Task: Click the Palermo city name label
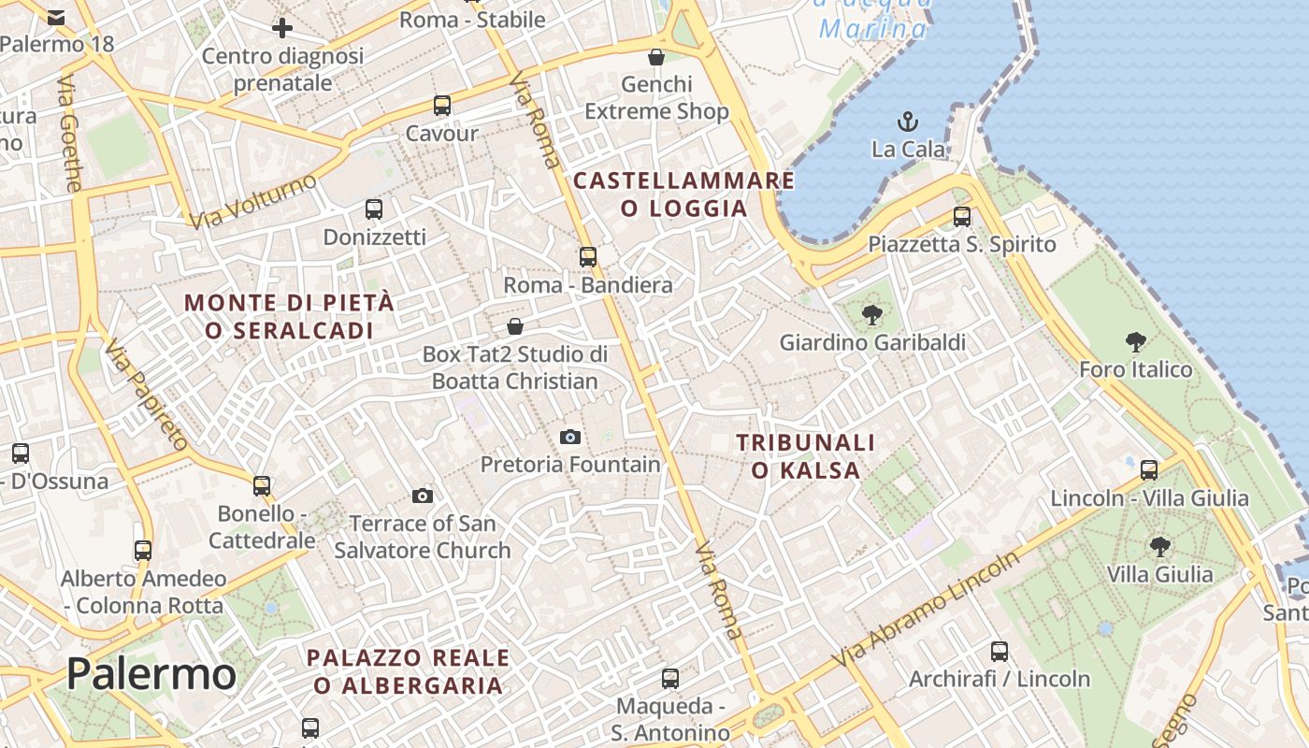(151, 674)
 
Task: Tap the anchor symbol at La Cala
(906, 122)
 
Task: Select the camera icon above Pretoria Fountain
(569, 437)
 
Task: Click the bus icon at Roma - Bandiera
(587, 256)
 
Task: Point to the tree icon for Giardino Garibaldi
(872, 315)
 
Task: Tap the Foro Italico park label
(1136, 369)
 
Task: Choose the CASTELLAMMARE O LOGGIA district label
(684, 194)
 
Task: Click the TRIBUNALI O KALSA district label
(805, 455)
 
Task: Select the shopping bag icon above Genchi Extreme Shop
(656, 57)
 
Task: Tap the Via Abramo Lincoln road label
(926, 609)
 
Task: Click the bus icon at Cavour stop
(442, 106)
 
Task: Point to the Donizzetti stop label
(374, 237)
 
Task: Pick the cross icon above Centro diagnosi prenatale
(282, 28)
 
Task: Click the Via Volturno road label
(253, 201)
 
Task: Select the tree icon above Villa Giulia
(1159, 546)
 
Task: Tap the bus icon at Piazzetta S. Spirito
(962, 217)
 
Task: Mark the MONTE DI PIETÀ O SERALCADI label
(289, 316)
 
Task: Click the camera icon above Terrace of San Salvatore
(423, 496)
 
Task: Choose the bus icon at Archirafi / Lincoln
(1000, 651)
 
